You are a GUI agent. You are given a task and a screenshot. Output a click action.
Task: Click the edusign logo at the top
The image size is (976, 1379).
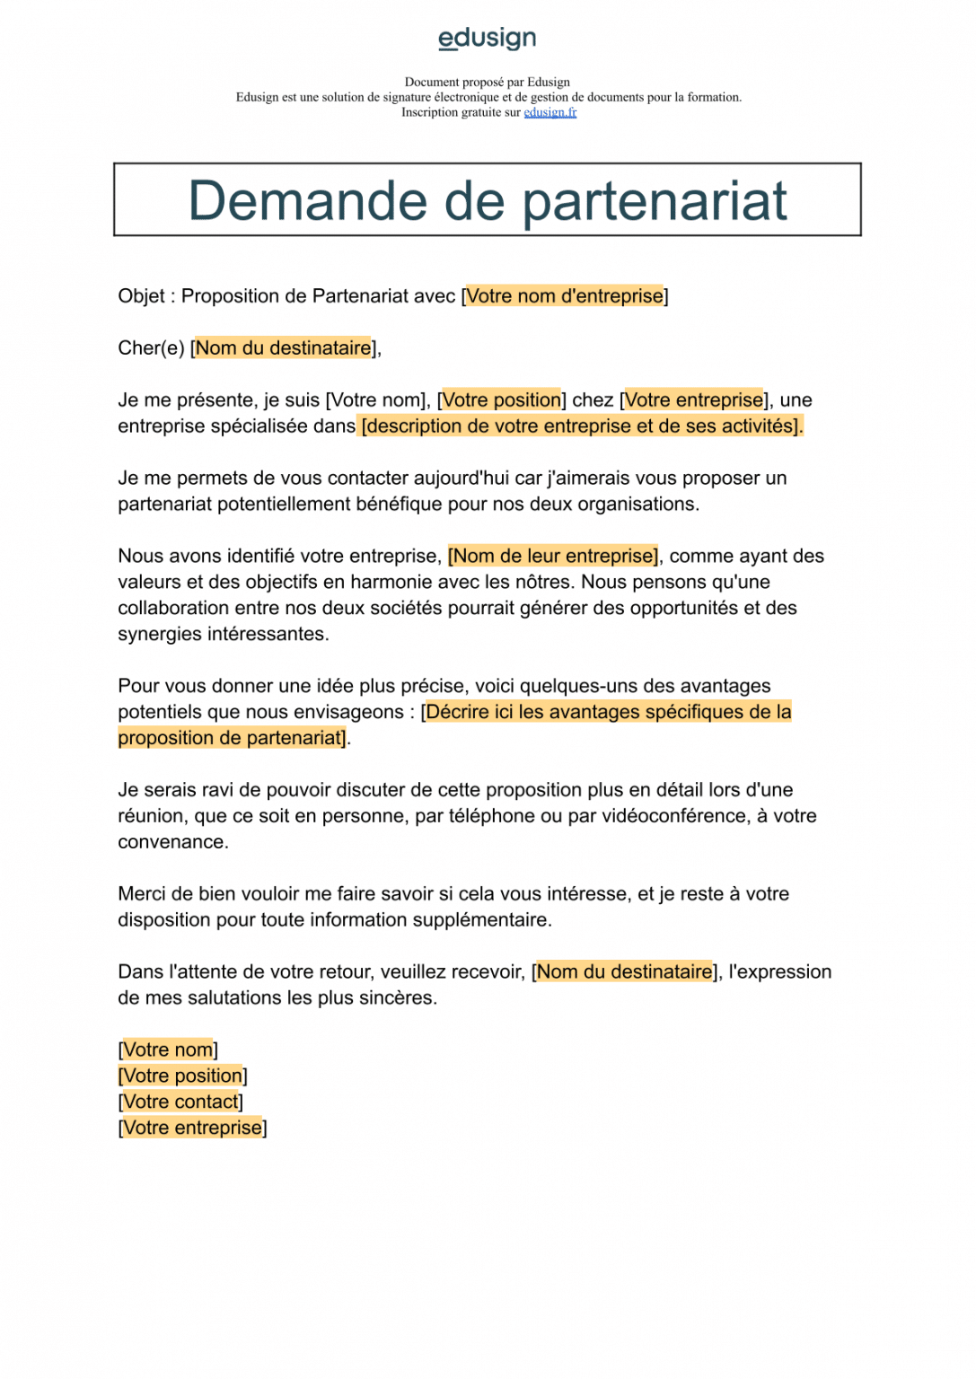[487, 39]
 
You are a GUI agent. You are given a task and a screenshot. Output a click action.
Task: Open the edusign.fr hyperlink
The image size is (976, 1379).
[550, 112]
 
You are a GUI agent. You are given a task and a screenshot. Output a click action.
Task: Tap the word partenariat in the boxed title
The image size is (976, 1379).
[655, 200]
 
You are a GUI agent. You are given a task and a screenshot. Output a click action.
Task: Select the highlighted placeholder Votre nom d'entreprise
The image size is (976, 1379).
[565, 296]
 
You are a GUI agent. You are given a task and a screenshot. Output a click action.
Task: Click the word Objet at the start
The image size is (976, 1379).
[141, 296]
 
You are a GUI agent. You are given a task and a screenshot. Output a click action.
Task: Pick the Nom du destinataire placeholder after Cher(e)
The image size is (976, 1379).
[284, 348]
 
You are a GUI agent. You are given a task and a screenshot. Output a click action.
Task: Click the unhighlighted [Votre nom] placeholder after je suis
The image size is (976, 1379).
[375, 400]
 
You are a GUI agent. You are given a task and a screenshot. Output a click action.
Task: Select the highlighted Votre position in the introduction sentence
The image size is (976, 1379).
[502, 400]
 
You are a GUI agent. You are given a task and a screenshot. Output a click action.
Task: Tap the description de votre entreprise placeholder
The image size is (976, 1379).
[582, 426]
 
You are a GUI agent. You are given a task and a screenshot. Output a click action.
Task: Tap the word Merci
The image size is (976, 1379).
[142, 894]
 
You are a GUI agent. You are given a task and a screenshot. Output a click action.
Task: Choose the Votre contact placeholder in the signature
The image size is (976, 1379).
[180, 1102]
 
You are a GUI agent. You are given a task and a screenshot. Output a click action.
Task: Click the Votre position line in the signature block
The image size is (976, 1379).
[182, 1076]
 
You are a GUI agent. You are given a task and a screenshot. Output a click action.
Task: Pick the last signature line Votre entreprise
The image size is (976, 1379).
[192, 1129]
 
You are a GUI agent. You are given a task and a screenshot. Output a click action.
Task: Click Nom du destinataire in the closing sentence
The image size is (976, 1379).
[624, 972]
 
